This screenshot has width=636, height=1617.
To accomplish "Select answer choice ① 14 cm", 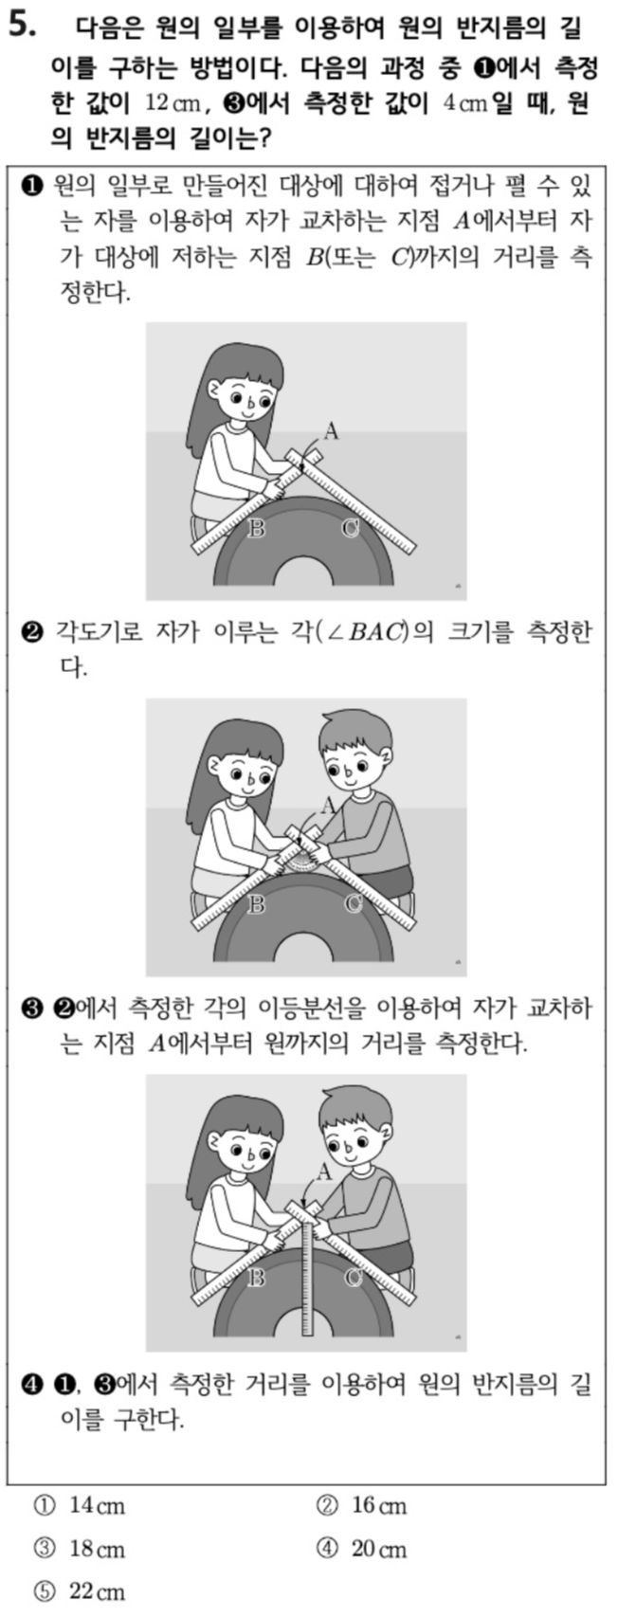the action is (x=80, y=1506).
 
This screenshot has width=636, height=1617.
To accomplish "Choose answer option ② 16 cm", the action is (x=362, y=1506).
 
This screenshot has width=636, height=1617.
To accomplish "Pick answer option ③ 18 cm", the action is (x=80, y=1549).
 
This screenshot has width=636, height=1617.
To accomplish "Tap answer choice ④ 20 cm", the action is (x=362, y=1549).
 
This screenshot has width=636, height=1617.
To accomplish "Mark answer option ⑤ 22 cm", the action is (x=80, y=1591).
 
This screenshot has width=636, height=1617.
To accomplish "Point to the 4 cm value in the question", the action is (x=465, y=104).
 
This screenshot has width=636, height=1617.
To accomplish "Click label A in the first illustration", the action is (x=331, y=431).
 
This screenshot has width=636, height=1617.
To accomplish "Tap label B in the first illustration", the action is (x=256, y=529).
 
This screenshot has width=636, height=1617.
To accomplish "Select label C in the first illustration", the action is (x=350, y=529).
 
